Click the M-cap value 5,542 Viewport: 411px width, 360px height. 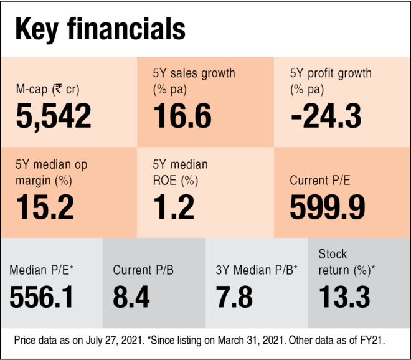pos(54,116)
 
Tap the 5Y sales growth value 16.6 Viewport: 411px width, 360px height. pos(182,116)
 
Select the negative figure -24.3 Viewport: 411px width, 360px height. pos(326,116)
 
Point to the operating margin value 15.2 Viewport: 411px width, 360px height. pos(45,207)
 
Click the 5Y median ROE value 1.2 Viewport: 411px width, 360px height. pos(174,207)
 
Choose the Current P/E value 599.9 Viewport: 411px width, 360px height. pos(327,207)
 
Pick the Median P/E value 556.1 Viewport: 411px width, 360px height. pos(41,297)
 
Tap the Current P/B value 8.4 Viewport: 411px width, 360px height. pos(131,297)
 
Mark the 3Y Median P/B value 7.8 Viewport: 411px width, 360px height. pos(234,297)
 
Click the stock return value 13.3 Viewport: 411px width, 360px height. pos(344,297)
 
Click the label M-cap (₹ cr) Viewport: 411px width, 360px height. pos(48,89)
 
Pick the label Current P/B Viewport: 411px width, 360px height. pos(143,270)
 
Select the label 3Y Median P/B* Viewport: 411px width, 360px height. pos(257,270)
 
